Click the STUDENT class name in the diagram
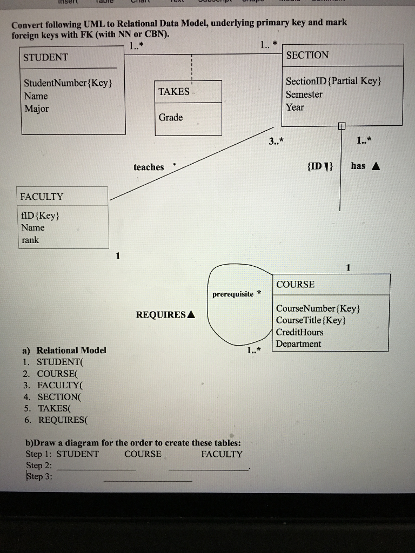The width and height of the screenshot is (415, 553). (45, 57)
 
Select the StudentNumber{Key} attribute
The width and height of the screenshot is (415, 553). (68, 83)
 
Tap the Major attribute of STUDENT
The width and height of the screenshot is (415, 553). (36, 109)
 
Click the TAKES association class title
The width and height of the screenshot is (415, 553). (174, 91)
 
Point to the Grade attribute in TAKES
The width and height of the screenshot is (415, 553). (171, 117)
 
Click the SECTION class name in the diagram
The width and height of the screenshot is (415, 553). (307, 55)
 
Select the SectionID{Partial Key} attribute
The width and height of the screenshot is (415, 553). (333, 81)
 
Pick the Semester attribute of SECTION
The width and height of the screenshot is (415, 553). (304, 95)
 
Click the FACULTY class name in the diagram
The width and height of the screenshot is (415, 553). (42, 197)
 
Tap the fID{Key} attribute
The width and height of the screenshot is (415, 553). (41, 215)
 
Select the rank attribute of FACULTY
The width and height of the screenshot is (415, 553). (30, 240)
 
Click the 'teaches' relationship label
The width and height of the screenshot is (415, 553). (149, 167)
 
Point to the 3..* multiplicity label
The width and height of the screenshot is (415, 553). (276, 141)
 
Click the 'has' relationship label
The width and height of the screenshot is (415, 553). (358, 166)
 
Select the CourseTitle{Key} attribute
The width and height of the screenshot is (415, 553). (310, 320)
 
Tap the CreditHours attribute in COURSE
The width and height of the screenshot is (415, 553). (299, 332)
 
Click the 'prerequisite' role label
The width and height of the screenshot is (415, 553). (232, 294)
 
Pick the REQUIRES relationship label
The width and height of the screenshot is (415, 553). (161, 314)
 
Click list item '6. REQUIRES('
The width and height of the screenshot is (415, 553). (58, 420)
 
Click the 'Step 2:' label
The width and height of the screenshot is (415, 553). (39, 465)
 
